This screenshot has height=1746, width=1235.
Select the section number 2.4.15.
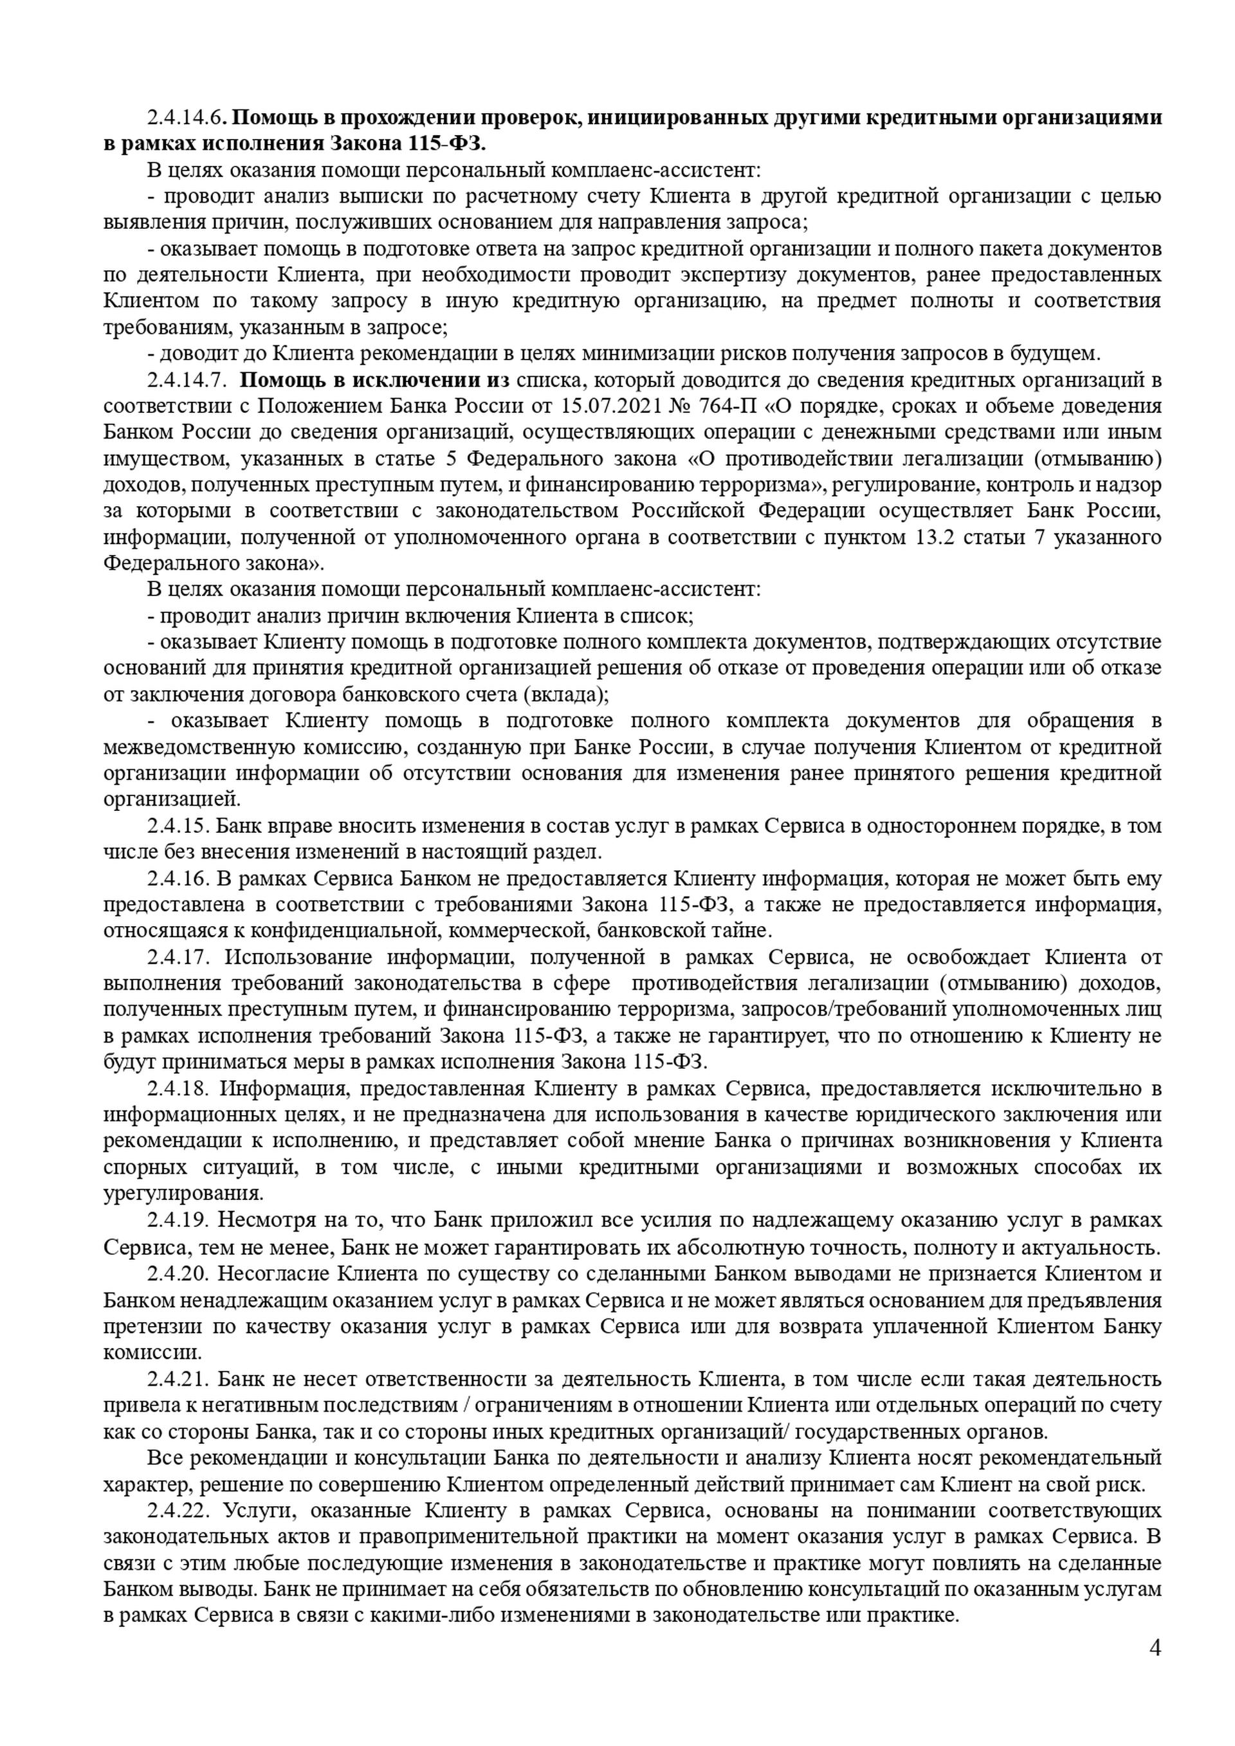pos(180,826)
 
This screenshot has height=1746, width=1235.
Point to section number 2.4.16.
pos(180,879)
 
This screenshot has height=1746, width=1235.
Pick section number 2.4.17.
pos(180,958)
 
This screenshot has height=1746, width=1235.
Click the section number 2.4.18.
pos(180,1089)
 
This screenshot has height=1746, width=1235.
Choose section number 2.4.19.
pos(180,1221)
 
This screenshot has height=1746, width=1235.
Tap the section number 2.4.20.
pos(180,1273)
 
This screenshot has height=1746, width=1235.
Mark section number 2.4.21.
pos(180,1379)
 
